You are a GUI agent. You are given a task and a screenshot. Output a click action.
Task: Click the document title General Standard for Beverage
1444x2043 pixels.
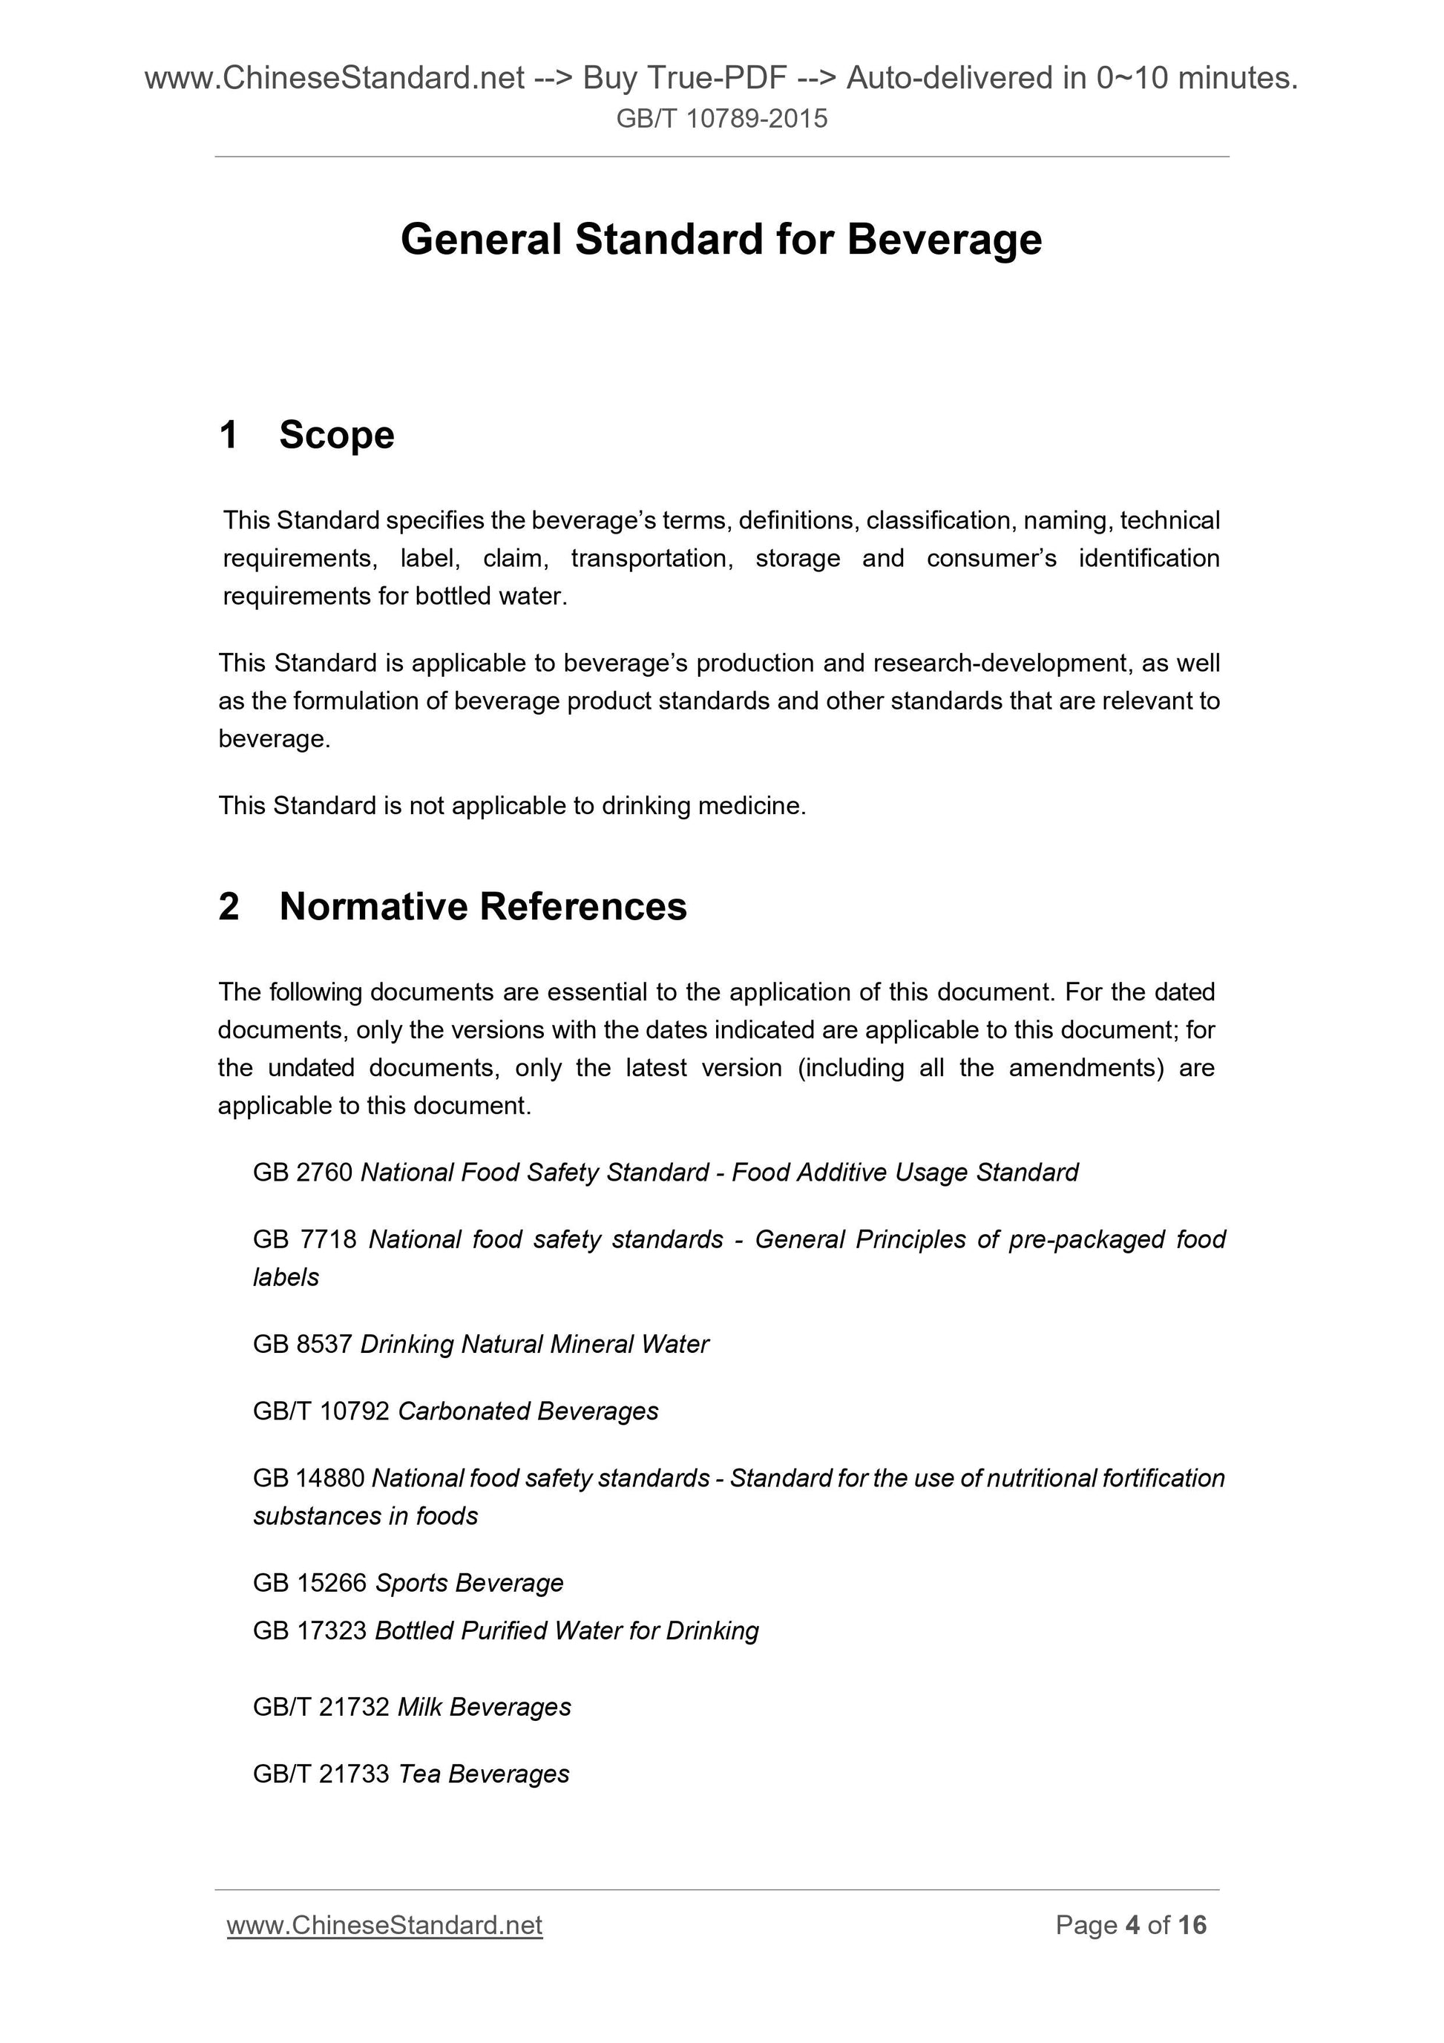pyautogui.click(x=721, y=240)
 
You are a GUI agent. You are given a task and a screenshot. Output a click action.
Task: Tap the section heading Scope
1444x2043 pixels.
pyautogui.click(x=336, y=435)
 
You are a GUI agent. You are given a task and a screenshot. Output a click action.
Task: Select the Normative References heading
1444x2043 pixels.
pyautogui.click(x=482, y=907)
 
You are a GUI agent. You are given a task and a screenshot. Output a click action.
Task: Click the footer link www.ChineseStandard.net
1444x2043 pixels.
pyautogui.click(x=384, y=1925)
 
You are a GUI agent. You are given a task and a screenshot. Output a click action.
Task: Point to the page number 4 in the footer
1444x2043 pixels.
pyautogui.click(x=1132, y=1925)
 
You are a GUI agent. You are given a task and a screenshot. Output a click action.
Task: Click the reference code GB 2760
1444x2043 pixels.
pyautogui.click(x=303, y=1173)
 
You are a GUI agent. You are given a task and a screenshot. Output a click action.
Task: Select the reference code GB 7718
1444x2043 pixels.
pyautogui.click(x=304, y=1239)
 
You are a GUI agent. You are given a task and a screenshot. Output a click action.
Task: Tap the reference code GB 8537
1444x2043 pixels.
pyautogui.click(x=303, y=1344)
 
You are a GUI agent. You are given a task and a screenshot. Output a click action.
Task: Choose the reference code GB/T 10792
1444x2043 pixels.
pyautogui.click(x=321, y=1411)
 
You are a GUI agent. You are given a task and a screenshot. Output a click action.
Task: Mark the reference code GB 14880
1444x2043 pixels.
pyautogui.click(x=309, y=1478)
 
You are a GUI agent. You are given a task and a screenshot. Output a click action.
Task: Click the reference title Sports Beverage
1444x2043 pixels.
pyautogui.click(x=469, y=1583)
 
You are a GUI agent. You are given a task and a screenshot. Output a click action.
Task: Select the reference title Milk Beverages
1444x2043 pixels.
pyautogui.click(x=484, y=1707)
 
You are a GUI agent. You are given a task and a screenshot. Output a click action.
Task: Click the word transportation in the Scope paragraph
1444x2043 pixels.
pyautogui.click(x=652, y=559)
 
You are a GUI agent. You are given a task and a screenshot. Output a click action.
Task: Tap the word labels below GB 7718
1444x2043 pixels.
pyautogui.click(x=286, y=1278)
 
